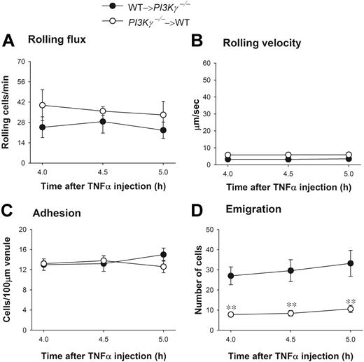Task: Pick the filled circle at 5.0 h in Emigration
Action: [x=351, y=263]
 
